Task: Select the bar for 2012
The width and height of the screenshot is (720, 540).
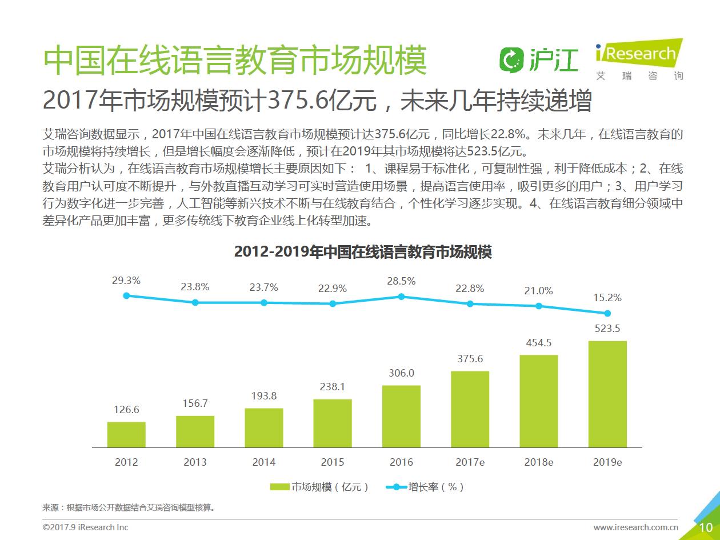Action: [x=126, y=434]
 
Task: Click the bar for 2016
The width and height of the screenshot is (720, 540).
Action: [x=401, y=416]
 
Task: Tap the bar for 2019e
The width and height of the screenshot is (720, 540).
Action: [x=607, y=394]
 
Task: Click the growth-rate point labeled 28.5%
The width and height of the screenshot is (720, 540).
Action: [x=401, y=297]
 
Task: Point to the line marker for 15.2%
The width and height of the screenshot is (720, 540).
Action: [x=607, y=313]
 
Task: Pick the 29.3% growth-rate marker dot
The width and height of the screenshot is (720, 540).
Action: [x=126, y=295]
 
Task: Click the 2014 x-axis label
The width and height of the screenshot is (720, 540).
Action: [x=264, y=462]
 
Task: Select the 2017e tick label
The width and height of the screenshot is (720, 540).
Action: [x=470, y=462]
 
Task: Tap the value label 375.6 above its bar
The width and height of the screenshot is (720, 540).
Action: [x=470, y=359]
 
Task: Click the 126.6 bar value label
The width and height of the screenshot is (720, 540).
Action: [x=126, y=410]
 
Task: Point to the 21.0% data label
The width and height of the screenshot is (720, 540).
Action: [x=538, y=291]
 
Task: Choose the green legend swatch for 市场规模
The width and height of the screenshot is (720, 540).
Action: [x=279, y=487]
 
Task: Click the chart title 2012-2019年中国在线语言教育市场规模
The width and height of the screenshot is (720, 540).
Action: [x=363, y=252]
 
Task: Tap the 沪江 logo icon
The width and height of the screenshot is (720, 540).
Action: [x=511, y=59]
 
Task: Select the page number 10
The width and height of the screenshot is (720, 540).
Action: [x=706, y=527]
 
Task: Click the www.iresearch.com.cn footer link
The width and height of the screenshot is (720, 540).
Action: [x=635, y=527]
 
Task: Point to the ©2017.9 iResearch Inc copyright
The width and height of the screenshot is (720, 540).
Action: [x=86, y=527]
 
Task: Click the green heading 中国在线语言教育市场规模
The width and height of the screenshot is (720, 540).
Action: [x=235, y=60]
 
